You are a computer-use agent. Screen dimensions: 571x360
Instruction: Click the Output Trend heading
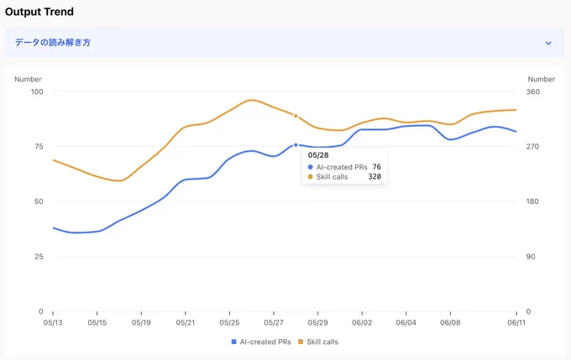tap(39, 12)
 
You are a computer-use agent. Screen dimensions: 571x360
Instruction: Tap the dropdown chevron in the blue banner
tap(548, 43)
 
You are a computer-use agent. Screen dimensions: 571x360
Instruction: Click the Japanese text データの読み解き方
tap(53, 43)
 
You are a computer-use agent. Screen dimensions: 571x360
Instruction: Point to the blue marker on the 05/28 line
tap(296, 145)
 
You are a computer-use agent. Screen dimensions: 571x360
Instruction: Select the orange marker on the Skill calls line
tap(296, 116)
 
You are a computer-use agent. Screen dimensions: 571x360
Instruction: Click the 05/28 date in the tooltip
tap(318, 155)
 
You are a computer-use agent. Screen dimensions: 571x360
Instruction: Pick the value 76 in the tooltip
tap(376, 167)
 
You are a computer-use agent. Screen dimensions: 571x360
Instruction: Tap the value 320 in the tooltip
tap(375, 176)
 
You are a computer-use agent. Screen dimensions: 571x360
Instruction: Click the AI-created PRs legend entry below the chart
tap(261, 342)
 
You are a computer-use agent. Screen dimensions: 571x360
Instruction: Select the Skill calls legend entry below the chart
tap(318, 342)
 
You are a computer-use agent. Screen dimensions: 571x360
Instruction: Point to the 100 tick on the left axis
tap(37, 91)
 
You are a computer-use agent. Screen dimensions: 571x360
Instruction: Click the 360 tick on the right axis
tap(532, 91)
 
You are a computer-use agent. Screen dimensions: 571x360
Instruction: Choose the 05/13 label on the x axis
tap(53, 322)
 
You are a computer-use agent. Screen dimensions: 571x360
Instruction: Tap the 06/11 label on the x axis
tap(516, 322)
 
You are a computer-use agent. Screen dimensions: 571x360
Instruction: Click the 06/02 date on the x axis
tap(362, 322)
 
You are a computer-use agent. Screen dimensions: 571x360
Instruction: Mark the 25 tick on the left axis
tap(39, 257)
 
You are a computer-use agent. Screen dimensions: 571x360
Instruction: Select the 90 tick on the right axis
tap(531, 257)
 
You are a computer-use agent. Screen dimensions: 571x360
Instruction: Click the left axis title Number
tap(28, 79)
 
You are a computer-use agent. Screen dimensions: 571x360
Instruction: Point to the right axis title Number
tap(541, 79)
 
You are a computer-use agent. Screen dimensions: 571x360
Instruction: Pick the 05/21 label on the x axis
tap(186, 322)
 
